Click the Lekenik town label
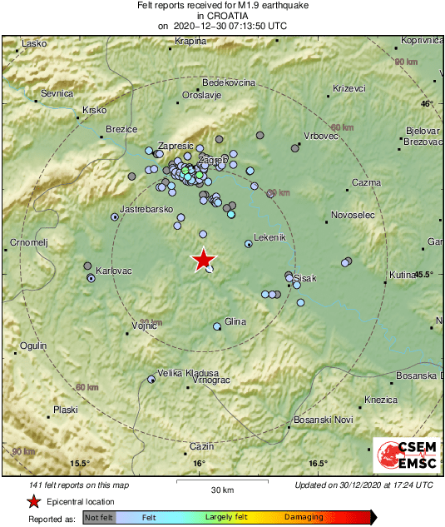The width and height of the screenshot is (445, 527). point(269,237)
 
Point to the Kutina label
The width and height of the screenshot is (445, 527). point(402,275)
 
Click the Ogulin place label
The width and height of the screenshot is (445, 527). point(32,346)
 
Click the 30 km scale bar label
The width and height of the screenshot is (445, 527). point(221,489)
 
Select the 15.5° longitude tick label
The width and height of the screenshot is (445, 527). point(79,464)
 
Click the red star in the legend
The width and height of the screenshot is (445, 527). point(33,501)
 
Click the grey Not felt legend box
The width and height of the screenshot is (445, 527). point(99,518)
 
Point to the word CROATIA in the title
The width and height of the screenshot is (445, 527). point(223,16)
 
